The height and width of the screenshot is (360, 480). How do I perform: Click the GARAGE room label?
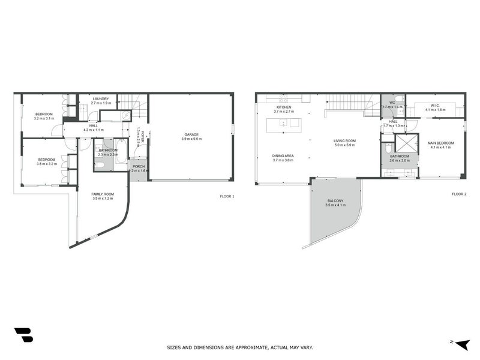(x=191, y=134)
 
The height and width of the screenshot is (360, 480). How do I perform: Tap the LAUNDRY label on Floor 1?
(x=100, y=98)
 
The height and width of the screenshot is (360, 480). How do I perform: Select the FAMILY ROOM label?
(x=102, y=194)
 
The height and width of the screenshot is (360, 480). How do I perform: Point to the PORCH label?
(x=139, y=166)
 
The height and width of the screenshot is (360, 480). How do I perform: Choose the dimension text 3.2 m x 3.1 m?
(x=44, y=119)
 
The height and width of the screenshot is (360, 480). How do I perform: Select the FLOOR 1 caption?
(x=227, y=196)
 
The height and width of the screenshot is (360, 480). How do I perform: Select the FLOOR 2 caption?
(x=459, y=194)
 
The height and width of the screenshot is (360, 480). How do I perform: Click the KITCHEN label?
(x=283, y=107)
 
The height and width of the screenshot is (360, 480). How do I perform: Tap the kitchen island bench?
(x=285, y=123)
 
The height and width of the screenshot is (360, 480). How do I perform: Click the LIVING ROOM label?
(x=345, y=140)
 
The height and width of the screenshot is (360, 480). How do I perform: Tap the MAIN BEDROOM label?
(x=440, y=143)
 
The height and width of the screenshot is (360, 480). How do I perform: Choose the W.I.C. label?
(x=435, y=106)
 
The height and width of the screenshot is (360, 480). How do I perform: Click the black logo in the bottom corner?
(x=23, y=335)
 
